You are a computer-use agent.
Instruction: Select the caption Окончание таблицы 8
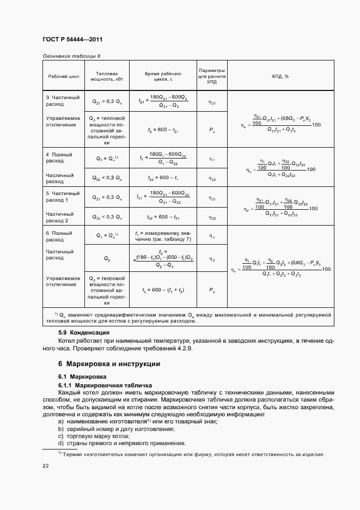[x=71, y=56]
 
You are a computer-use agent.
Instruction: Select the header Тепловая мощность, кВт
[x=106, y=76]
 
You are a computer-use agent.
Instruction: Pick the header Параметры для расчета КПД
[x=212, y=76]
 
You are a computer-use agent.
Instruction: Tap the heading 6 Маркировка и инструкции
[x=109, y=363]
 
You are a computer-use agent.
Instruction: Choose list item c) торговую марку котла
[x=94, y=436]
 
